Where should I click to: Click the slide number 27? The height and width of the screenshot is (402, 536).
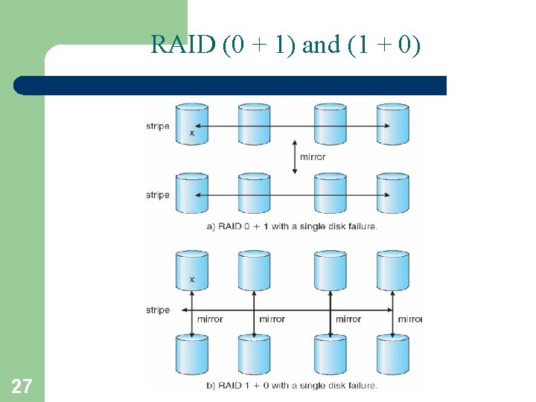coord(22,386)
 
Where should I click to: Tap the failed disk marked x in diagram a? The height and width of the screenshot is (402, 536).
coord(191,124)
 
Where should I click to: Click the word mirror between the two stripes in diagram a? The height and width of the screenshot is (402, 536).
coord(313,157)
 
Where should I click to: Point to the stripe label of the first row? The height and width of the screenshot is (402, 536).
coord(158,126)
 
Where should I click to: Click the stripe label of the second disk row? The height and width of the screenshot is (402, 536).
coord(158,195)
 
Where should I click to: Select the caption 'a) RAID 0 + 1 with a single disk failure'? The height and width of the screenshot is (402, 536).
coord(293,226)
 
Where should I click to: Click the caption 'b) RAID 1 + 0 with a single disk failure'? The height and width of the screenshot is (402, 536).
coord(293,385)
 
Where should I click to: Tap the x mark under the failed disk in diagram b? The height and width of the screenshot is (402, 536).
coord(192,280)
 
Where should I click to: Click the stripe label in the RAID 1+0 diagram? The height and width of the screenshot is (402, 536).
coord(158,310)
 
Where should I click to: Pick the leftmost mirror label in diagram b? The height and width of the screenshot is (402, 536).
coord(210,319)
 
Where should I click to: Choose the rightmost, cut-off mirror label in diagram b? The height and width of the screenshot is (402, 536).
coord(409,319)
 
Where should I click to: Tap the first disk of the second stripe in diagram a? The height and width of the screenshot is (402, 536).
coord(191,193)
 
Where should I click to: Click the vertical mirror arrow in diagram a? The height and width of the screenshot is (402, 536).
coord(295,157)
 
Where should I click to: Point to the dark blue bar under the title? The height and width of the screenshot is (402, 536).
coord(231,86)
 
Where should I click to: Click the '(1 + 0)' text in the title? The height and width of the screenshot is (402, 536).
coord(384,45)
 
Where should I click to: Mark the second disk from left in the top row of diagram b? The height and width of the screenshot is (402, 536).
coord(254,270)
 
